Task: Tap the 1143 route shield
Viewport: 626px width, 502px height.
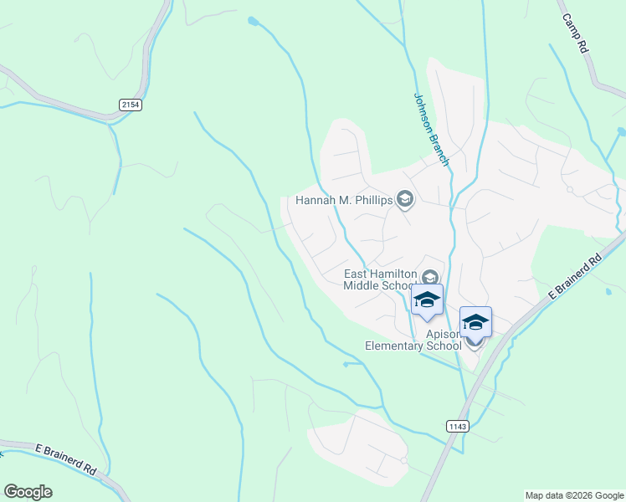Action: click(457, 426)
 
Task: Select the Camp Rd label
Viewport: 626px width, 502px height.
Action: click(575, 34)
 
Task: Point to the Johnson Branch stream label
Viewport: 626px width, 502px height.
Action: click(431, 128)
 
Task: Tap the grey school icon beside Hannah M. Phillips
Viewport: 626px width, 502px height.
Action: click(406, 199)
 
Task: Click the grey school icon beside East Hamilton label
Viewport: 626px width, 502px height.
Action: click(429, 277)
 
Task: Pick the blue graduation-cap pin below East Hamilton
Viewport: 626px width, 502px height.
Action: click(427, 300)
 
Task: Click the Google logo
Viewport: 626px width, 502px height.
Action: click(28, 492)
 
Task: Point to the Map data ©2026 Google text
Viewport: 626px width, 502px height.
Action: click(573, 495)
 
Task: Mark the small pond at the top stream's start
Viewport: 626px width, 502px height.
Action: click(253, 20)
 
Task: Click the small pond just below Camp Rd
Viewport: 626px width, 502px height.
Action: click(620, 131)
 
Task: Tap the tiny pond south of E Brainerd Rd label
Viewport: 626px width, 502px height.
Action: click(608, 292)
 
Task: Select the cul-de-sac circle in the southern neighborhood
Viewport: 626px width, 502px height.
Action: click(403, 460)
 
